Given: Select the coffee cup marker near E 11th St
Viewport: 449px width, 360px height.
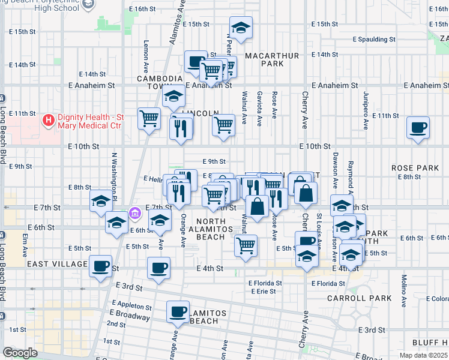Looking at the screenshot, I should [x=418, y=128].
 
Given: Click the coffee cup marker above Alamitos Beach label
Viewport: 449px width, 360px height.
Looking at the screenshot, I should [x=178, y=312].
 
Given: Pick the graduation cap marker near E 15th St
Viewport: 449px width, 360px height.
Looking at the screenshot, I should [x=241, y=28].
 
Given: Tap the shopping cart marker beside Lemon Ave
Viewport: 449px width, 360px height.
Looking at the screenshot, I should [x=149, y=118].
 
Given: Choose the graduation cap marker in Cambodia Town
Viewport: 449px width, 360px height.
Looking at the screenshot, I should [x=173, y=96].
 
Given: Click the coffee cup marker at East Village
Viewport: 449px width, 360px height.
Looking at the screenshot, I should [x=101, y=266].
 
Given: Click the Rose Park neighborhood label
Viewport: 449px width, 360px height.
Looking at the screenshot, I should [x=415, y=168].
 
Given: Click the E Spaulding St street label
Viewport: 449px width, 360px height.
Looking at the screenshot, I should [x=374, y=39].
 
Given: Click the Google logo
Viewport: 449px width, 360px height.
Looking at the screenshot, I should [x=20, y=353].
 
